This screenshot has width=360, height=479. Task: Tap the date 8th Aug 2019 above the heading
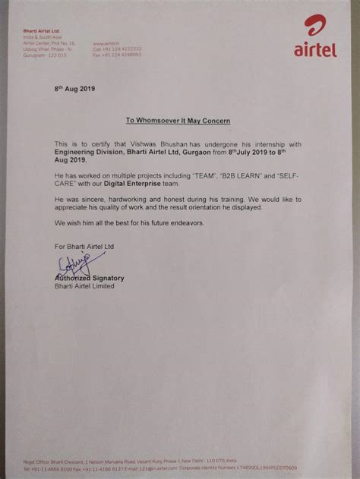[x=74, y=88]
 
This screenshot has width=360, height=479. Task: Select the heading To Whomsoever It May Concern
[x=178, y=121]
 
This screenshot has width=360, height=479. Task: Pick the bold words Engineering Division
[x=89, y=153]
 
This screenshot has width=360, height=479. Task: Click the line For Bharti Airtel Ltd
[x=84, y=247]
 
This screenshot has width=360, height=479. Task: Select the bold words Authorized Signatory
[x=89, y=279]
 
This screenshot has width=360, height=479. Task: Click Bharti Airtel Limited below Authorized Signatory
[x=84, y=286]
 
